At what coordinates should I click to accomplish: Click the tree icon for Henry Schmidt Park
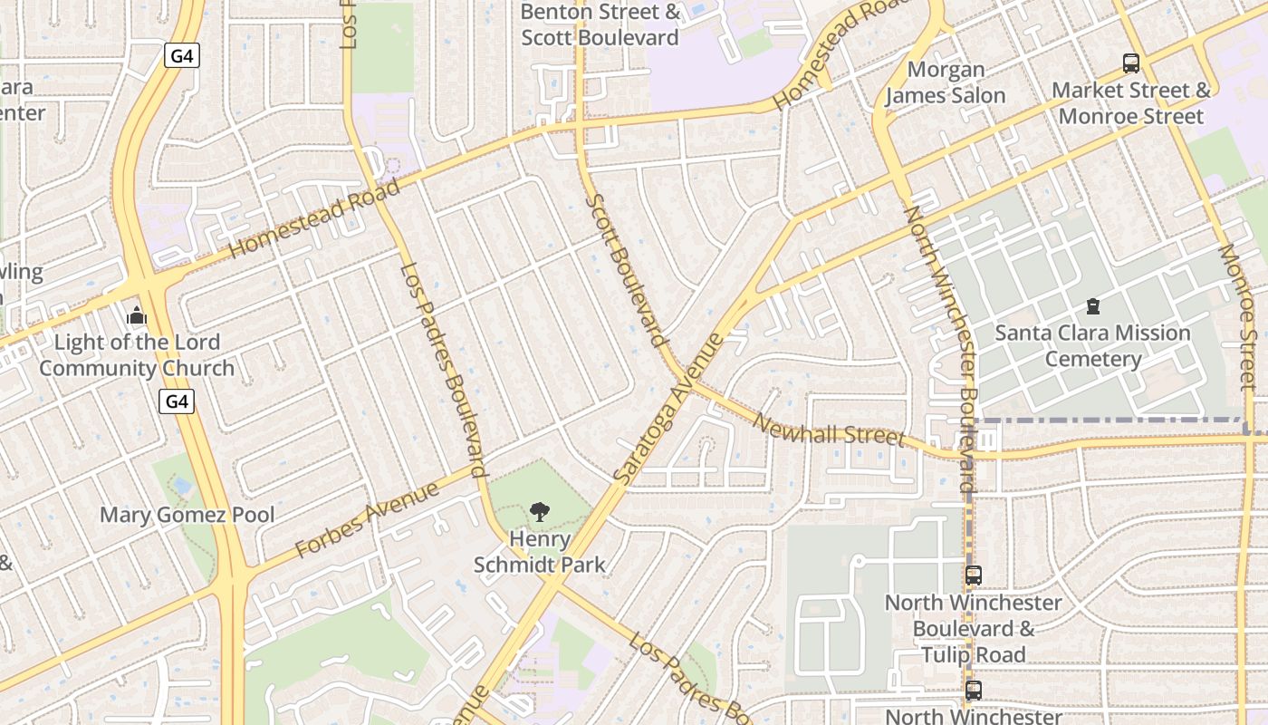(540, 512)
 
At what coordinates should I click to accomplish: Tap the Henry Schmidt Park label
(540, 552)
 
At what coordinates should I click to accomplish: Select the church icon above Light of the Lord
(137, 316)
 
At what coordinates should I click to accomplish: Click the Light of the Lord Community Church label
(137, 355)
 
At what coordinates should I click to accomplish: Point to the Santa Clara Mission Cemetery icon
(1093, 306)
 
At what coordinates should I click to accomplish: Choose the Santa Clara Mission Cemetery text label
(1093, 346)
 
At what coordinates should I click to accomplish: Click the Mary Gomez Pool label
(187, 515)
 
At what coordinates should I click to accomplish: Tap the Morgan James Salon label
(946, 82)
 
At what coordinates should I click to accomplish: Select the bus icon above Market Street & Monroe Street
(1131, 63)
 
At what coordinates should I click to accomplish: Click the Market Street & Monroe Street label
(1131, 103)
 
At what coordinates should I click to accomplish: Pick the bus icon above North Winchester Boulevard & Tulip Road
(974, 575)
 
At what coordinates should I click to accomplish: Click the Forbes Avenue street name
(368, 519)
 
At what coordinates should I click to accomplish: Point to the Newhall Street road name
(829, 430)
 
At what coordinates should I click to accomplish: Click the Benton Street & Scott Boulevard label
(600, 24)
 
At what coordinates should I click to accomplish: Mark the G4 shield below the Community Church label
(178, 401)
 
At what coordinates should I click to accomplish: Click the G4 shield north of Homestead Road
(182, 56)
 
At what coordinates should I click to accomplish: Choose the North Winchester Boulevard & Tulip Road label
(974, 628)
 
